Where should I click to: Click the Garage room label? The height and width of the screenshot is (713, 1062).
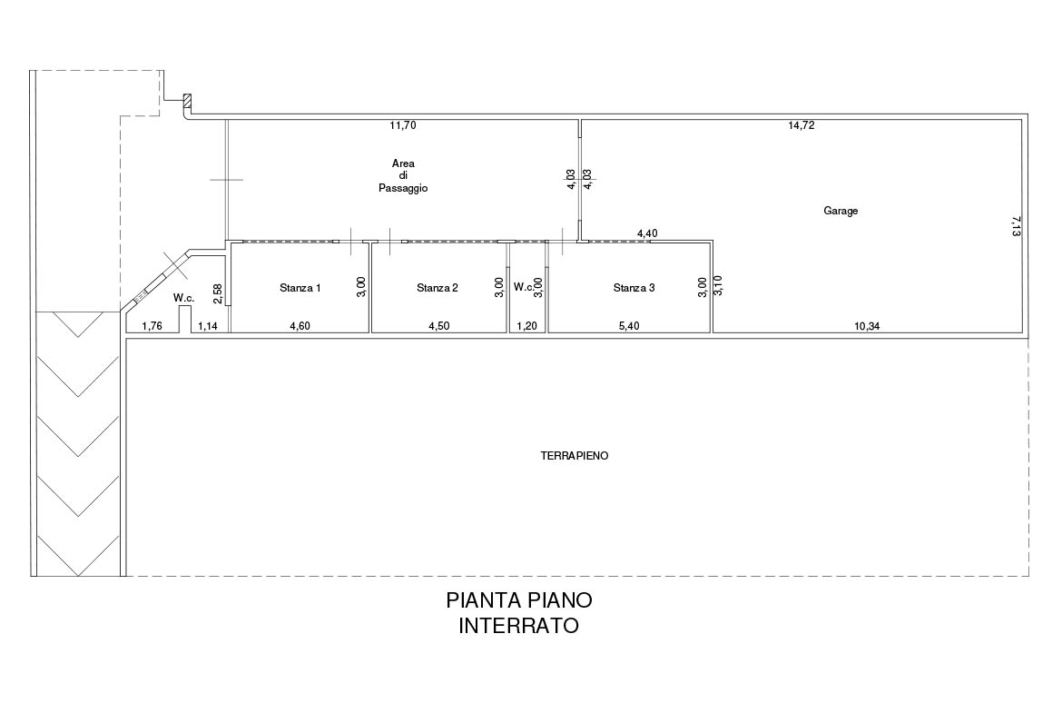pos(841,211)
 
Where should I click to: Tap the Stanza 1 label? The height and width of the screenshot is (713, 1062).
pos(300,288)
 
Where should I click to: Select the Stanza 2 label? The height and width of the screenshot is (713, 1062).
pos(438,288)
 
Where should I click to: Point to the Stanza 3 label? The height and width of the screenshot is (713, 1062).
pos(634,288)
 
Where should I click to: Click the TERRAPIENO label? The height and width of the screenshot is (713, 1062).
pos(575,456)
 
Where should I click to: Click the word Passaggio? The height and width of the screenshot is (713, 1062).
pos(403,188)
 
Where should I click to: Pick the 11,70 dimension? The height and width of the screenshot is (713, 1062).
pos(403,125)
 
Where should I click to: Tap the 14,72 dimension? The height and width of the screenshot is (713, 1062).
pos(801,125)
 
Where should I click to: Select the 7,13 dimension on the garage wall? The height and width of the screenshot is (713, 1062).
pos(1016,226)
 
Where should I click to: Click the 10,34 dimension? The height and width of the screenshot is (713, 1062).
pos(867,326)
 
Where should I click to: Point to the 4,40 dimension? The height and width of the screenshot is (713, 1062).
pos(647,233)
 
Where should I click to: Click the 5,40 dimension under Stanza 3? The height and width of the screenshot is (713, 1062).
pos(629,326)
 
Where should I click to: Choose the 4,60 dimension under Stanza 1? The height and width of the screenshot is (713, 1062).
pos(300,326)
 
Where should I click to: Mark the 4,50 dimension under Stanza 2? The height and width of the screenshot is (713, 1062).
pos(439,326)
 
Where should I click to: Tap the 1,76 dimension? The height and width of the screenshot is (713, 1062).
pos(152,326)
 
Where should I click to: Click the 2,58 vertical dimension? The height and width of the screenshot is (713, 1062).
pos(218,292)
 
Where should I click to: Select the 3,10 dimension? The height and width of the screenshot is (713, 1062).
pos(718,284)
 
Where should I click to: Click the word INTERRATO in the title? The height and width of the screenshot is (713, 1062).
pos(519,626)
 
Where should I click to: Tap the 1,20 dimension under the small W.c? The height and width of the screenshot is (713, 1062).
pos(527,326)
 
